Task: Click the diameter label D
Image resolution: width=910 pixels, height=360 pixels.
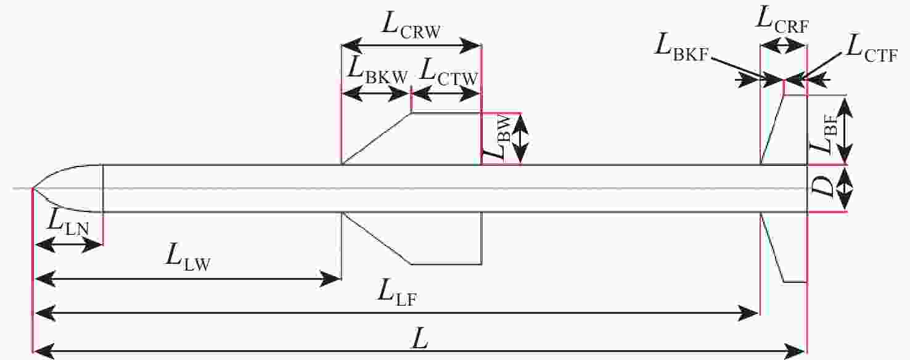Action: pos(821,188)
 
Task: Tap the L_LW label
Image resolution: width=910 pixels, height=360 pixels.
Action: pos(187,258)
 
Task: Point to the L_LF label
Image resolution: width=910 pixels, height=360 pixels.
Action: pos(397,293)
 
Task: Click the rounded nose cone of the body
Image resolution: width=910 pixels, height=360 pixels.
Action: pos(67,189)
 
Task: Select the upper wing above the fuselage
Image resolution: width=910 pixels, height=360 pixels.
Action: pos(411,139)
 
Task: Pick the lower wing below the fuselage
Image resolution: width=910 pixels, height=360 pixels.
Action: pos(412,238)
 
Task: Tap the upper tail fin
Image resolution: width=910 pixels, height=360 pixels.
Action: pos(784,130)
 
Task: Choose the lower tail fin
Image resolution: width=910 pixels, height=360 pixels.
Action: pos(784,247)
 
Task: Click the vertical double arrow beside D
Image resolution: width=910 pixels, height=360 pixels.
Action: pos(845,189)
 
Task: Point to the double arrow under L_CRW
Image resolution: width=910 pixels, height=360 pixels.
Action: pos(411,46)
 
